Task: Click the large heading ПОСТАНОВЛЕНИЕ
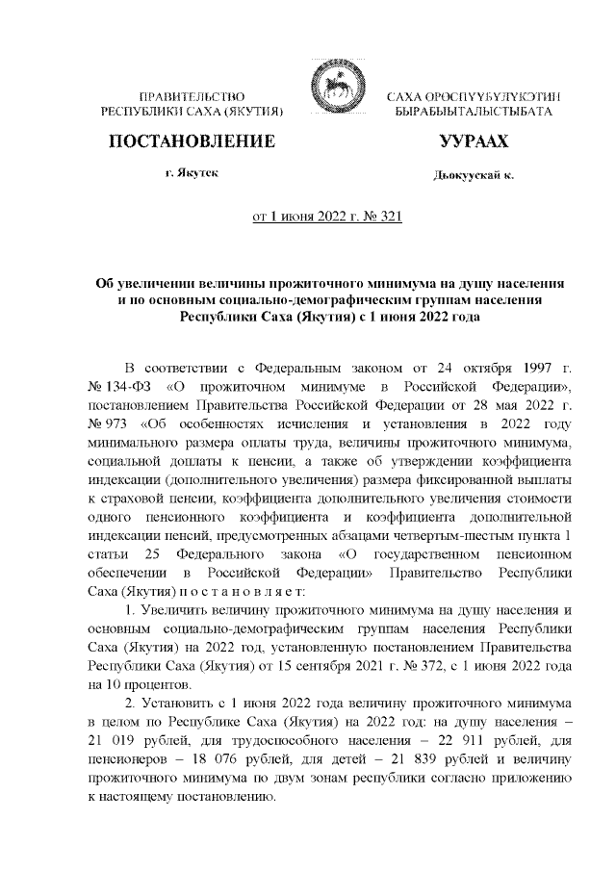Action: [x=192, y=141]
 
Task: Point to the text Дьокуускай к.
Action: [x=473, y=176]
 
